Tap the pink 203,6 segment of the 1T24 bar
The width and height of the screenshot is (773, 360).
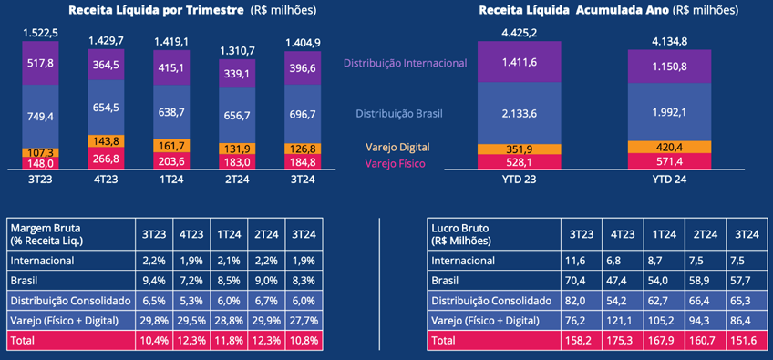tap(170, 161)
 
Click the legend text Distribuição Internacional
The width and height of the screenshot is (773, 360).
tap(405, 63)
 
